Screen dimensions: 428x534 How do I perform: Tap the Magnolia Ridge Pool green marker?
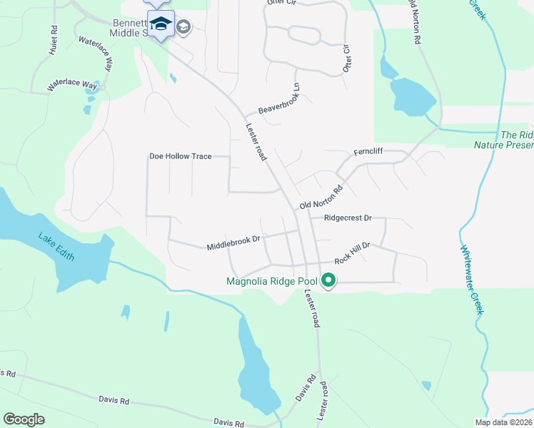(x=328, y=280)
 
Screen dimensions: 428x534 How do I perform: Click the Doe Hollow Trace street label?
(x=180, y=156)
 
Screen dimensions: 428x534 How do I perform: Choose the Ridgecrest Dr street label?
(x=348, y=218)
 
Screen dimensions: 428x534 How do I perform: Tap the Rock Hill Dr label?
(x=351, y=250)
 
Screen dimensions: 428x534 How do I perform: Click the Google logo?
(x=24, y=419)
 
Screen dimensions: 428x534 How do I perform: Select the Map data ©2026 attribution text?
(x=503, y=422)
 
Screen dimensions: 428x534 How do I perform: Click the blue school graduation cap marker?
(x=161, y=24)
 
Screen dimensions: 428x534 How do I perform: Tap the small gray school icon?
(x=183, y=26)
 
